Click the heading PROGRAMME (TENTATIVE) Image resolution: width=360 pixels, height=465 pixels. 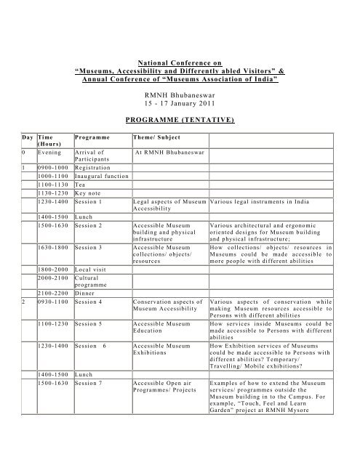pos(180,116)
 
